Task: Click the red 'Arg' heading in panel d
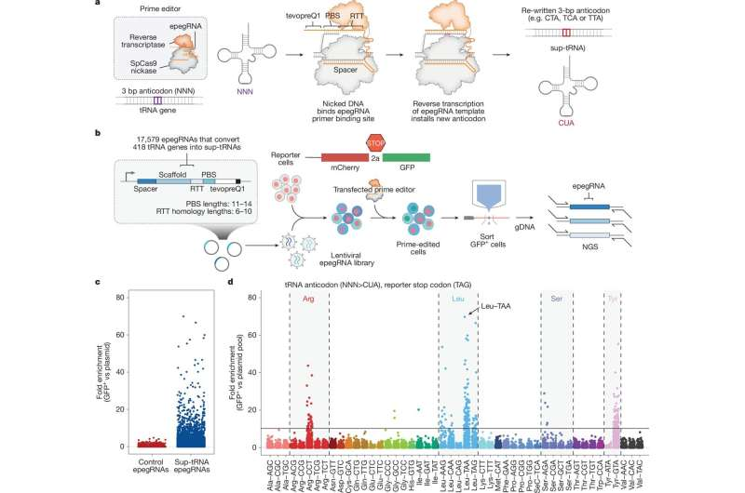pos(308,299)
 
